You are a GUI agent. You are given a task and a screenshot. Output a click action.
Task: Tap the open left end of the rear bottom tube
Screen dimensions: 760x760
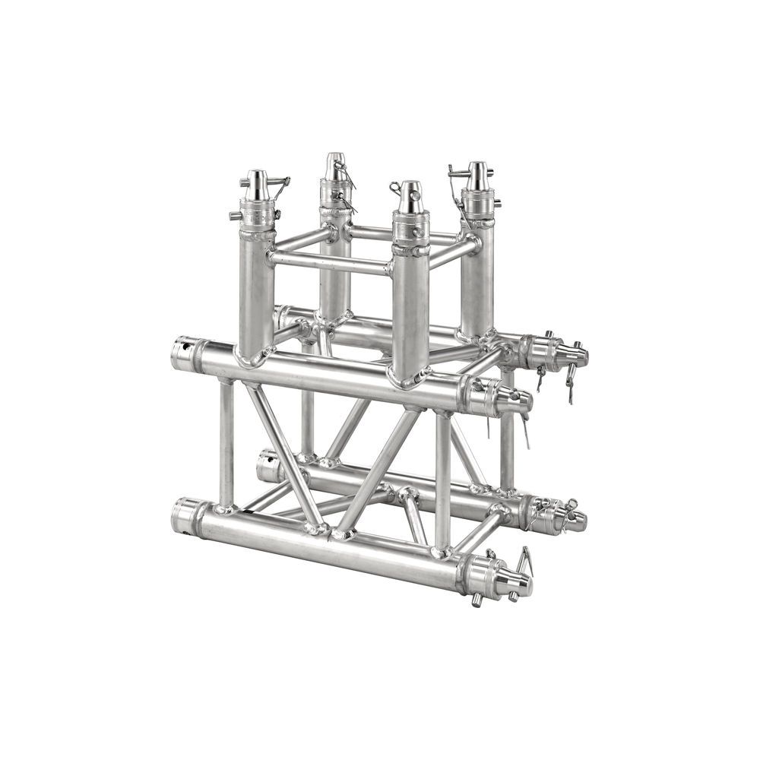[x=266, y=466]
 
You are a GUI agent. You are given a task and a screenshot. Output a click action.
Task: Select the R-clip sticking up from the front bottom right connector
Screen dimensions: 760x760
[x=524, y=559]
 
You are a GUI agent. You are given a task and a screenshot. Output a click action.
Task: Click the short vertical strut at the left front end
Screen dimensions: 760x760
[x=226, y=445]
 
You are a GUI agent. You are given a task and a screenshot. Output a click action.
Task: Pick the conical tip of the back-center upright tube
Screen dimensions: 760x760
[x=335, y=166]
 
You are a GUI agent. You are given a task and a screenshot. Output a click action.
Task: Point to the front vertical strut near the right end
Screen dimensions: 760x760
[x=442, y=479]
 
